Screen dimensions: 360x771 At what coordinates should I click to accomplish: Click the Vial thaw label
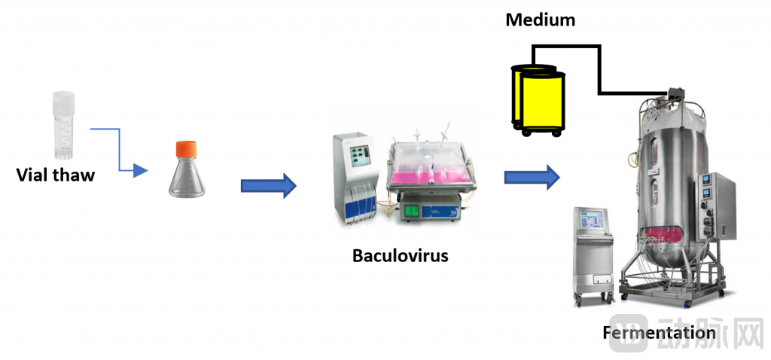(56, 175)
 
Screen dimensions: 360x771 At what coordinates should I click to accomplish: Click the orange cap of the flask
(186, 149)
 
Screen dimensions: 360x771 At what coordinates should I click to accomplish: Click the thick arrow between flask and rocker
(268, 185)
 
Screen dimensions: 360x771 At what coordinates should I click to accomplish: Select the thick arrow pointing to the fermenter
(532, 177)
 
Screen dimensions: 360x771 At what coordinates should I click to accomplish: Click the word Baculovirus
(400, 256)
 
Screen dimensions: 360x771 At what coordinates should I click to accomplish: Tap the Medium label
(540, 20)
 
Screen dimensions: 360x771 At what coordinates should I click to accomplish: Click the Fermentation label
(659, 332)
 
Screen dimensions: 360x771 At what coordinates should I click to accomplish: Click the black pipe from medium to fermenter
(599, 68)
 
